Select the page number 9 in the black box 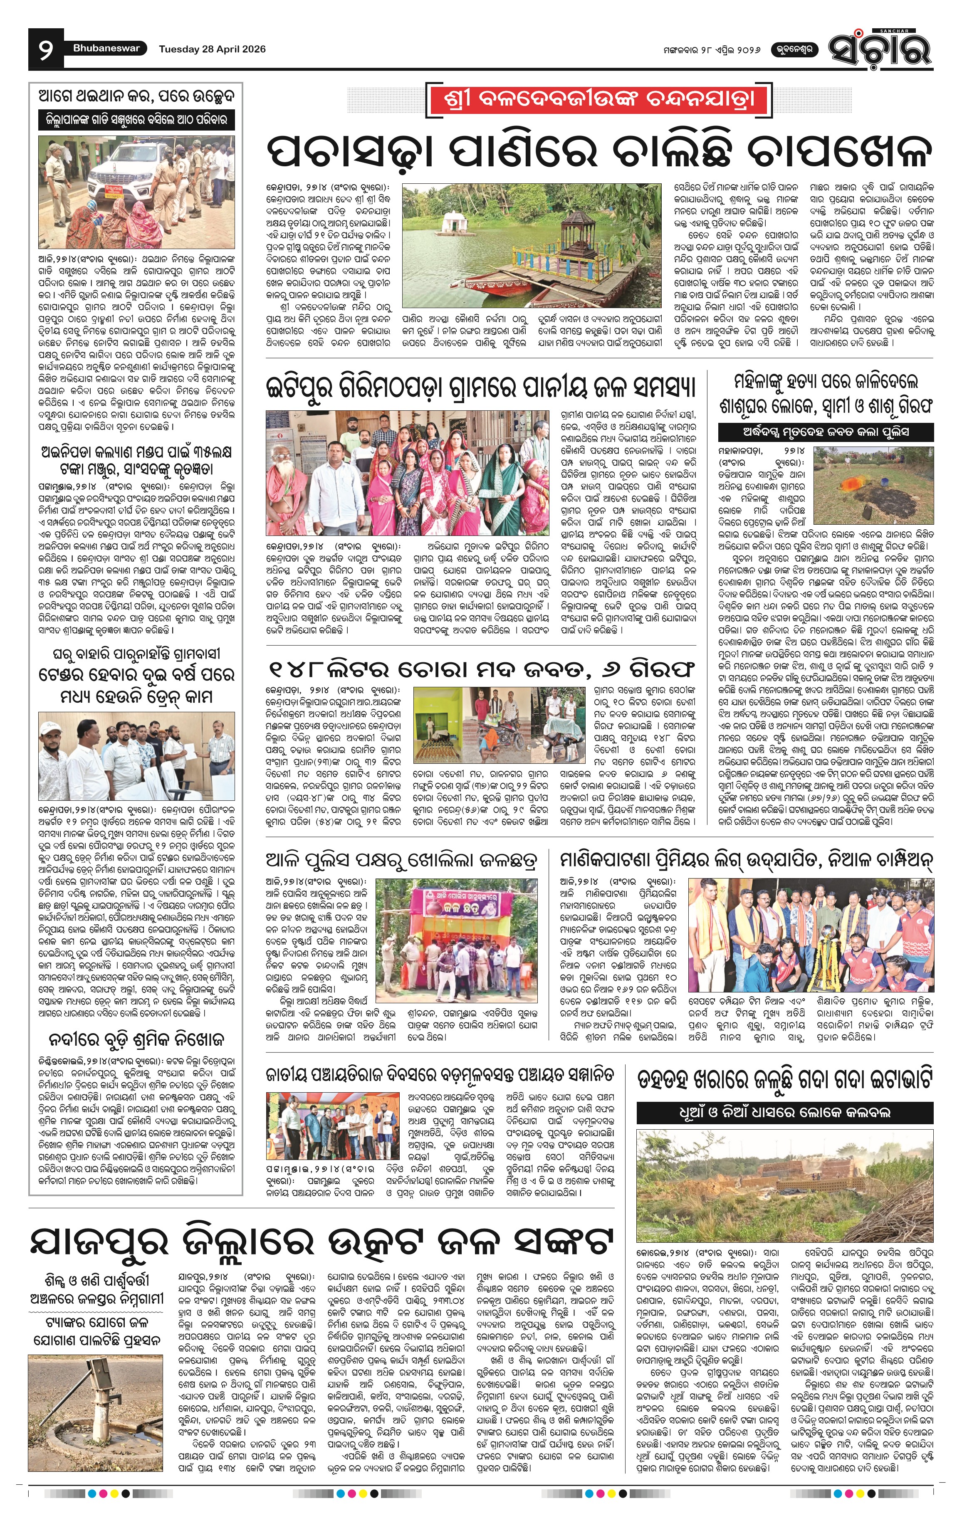tap(46, 49)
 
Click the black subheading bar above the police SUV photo tap(136, 119)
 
